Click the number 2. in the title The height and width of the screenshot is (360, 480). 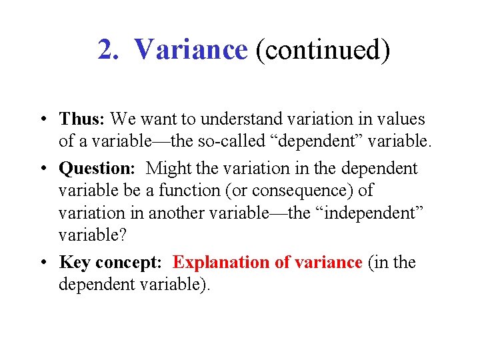click(x=109, y=50)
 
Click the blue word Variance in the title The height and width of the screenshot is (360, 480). click(x=191, y=50)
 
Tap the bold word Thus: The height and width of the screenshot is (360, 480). click(x=82, y=119)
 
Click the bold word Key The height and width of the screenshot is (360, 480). click(x=73, y=263)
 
